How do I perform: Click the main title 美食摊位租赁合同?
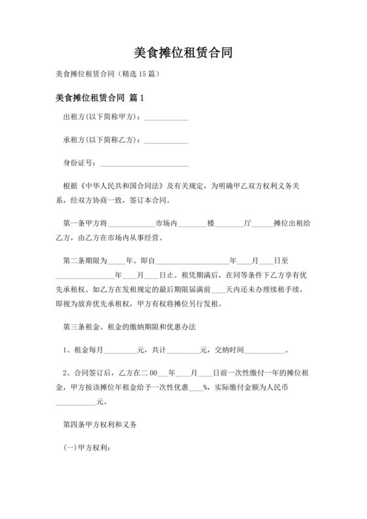click(183, 53)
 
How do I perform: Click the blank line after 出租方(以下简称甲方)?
click(166, 119)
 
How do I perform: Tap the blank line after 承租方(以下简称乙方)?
click(166, 140)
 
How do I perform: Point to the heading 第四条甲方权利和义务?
click(99, 425)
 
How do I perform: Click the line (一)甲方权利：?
click(87, 449)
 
